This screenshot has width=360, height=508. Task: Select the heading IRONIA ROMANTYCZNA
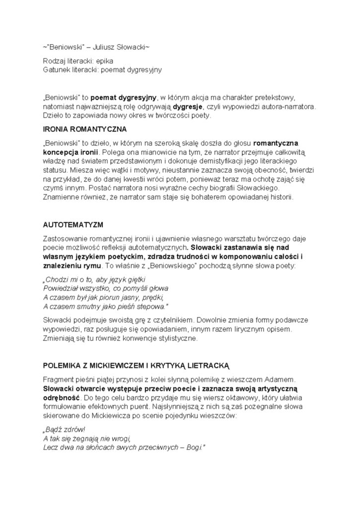point(85,129)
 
